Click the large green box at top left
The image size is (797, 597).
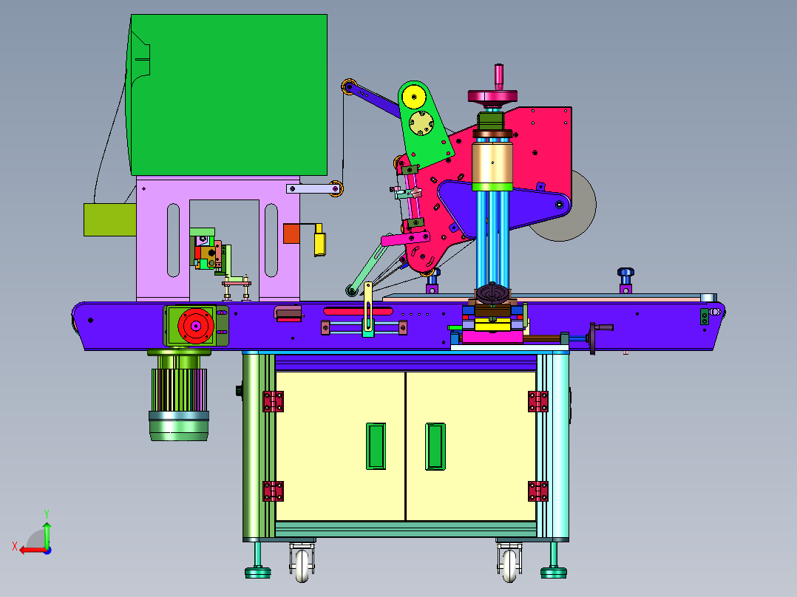click(x=228, y=95)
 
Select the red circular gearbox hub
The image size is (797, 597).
click(x=196, y=326)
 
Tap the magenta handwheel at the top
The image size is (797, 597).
click(x=492, y=96)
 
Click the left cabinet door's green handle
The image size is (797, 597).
click(x=376, y=446)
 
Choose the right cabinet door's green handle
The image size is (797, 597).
click(x=435, y=446)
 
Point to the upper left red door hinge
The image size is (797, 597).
click(x=273, y=401)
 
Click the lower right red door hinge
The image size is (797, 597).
click(x=537, y=491)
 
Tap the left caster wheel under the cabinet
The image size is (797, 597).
click(x=302, y=565)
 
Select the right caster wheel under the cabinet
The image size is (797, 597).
click(x=510, y=565)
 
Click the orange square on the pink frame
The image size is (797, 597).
click(x=291, y=233)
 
